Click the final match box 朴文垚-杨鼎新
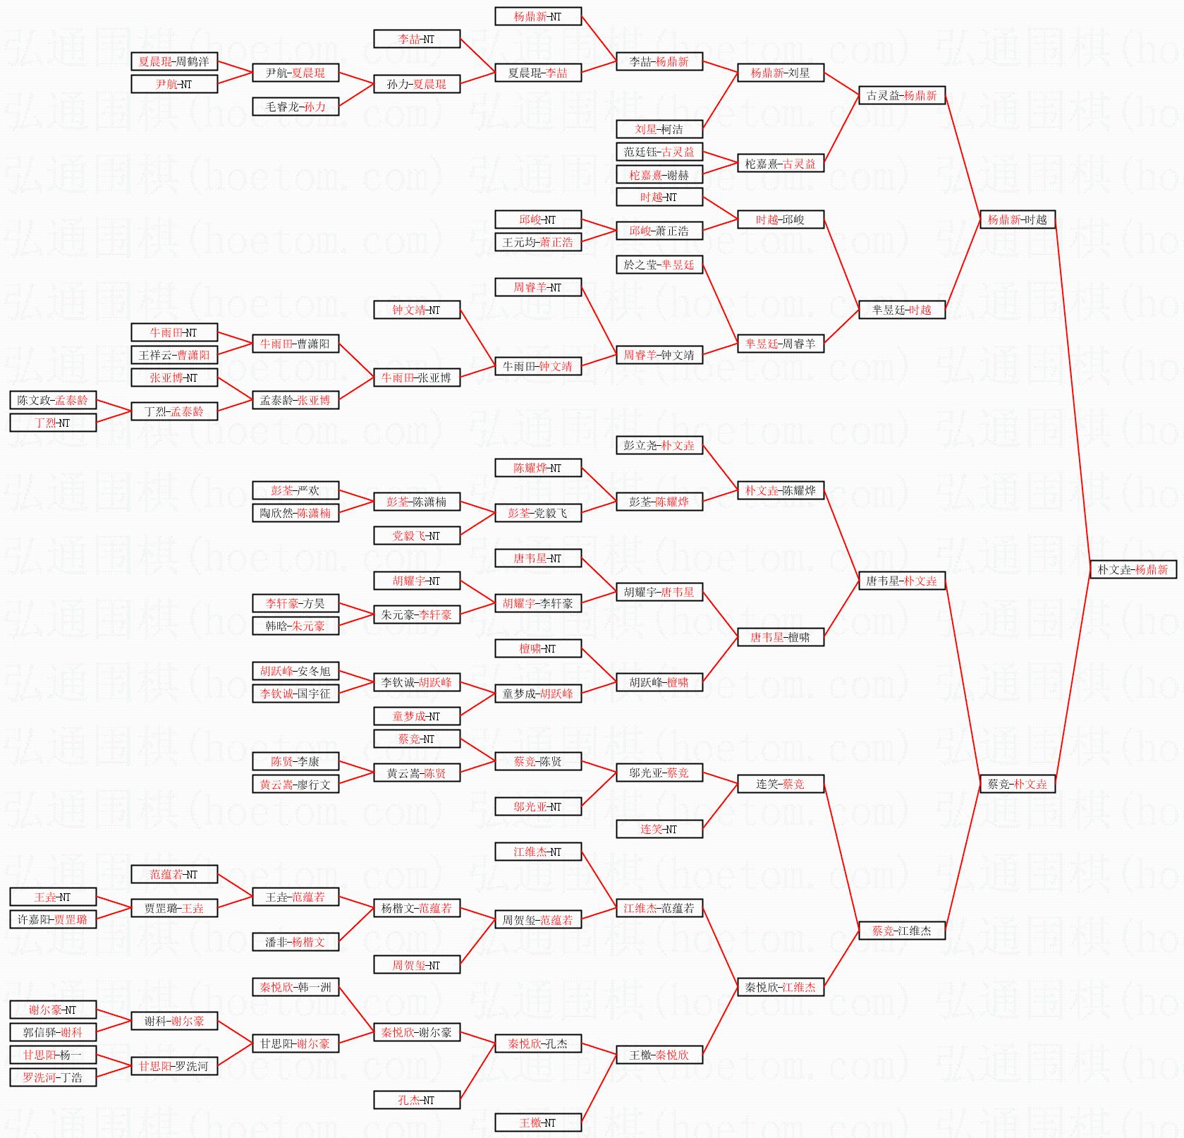pos(1133,569)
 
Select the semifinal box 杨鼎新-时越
pos(1017,219)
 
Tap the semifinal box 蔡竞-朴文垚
pos(1017,784)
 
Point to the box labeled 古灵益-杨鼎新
pos(901,95)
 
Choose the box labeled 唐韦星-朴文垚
pos(901,581)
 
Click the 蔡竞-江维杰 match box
pos(901,931)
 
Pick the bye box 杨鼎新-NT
pos(537,16)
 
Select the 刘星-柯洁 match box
pos(659,129)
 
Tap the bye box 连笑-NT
pos(659,829)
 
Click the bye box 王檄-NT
pos(537,1122)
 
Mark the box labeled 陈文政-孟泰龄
pos(53,400)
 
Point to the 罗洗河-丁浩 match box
pos(53,1077)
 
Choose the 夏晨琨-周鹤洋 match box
pos(174,61)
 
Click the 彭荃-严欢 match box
pos(295,490)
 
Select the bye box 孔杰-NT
pos(416,1100)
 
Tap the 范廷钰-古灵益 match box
pos(659,152)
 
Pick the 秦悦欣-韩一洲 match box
pos(295,987)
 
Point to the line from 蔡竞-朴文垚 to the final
pos(1073,677)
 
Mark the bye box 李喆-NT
pos(416,39)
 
